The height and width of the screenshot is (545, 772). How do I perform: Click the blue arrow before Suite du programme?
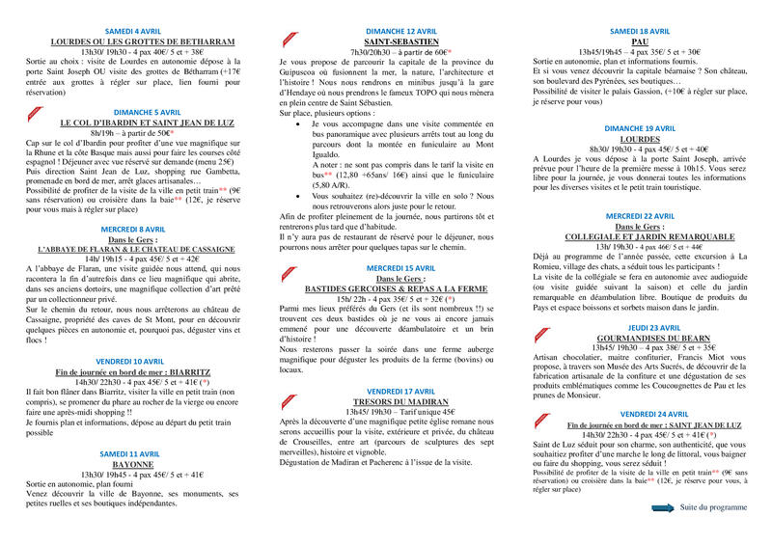click(x=663, y=506)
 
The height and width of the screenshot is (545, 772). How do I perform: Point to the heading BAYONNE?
click(x=129, y=462)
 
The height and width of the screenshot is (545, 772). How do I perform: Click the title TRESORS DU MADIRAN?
click(x=389, y=401)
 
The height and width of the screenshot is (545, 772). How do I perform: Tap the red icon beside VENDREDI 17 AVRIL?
click(x=288, y=395)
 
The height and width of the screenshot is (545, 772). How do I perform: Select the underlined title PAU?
click(x=640, y=42)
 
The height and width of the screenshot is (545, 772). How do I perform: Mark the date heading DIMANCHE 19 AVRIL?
click(x=640, y=127)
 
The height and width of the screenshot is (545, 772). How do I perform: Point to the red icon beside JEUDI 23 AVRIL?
click(x=538, y=329)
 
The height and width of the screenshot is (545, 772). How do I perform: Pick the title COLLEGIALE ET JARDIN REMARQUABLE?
click(x=640, y=236)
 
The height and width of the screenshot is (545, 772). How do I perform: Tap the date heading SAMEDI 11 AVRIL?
click(x=129, y=452)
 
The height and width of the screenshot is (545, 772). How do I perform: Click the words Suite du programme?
click(x=713, y=506)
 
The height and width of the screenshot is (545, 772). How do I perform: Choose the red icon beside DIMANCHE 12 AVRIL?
click(x=288, y=39)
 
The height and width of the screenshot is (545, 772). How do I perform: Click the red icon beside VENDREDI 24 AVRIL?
click(x=538, y=417)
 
